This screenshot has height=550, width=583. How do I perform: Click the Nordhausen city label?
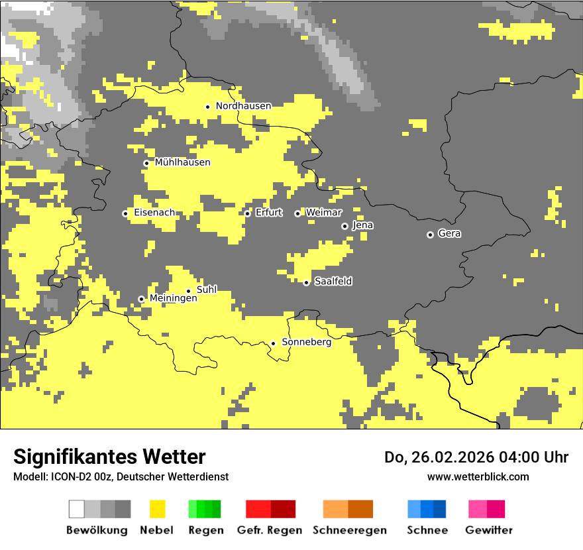click(243, 106)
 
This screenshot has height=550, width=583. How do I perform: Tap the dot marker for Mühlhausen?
click(146, 163)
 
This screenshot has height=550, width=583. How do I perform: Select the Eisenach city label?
click(154, 213)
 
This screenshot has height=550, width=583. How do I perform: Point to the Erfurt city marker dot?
click(247, 213)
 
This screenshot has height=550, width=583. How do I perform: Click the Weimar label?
click(324, 213)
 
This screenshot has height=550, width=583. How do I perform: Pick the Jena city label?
click(363, 225)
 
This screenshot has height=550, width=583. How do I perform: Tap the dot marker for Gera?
click(430, 235)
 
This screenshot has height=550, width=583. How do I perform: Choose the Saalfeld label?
click(333, 282)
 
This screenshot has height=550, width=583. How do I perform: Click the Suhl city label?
click(207, 290)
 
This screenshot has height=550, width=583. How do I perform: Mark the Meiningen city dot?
click(141, 299)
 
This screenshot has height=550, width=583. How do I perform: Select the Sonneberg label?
click(307, 343)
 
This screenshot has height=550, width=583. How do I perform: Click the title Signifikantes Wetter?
click(109, 457)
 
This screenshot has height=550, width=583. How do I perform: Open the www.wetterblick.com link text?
click(478, 476)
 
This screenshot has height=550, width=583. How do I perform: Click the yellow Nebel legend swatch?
click(158, 509)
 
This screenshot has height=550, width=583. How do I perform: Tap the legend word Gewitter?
click(489, 530)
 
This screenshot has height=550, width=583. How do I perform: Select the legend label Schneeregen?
click(350, 530)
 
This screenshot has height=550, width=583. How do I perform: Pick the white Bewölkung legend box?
click(77, 509)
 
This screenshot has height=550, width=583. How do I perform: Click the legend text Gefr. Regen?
click(270, 530)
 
